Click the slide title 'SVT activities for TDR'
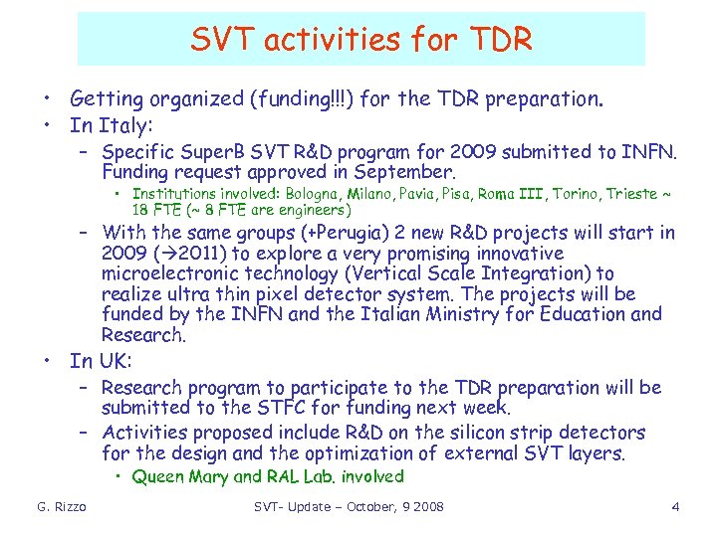pos(361,39)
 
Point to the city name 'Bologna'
pos(335,194)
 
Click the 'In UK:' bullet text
pos(101,360)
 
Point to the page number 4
pos(675,507)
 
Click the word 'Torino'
pos(588,194)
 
